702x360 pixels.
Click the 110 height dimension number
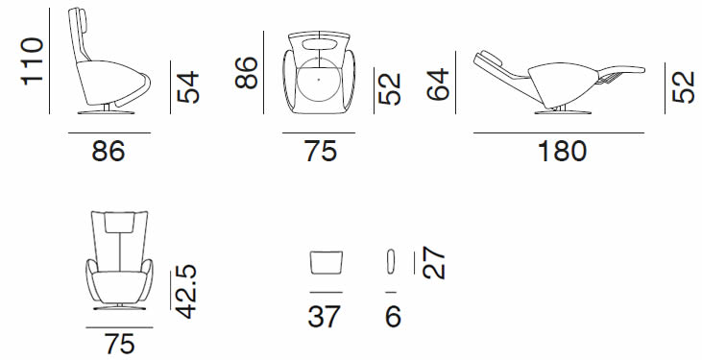33,61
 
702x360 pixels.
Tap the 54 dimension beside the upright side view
188,86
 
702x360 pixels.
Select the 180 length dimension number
562,152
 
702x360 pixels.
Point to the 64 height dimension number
438,84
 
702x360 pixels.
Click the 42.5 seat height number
184,292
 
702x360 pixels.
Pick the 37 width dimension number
325,317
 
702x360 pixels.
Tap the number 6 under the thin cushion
393,317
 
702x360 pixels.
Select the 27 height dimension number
434,263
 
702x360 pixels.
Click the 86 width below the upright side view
109,152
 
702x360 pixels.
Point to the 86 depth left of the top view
247,73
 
